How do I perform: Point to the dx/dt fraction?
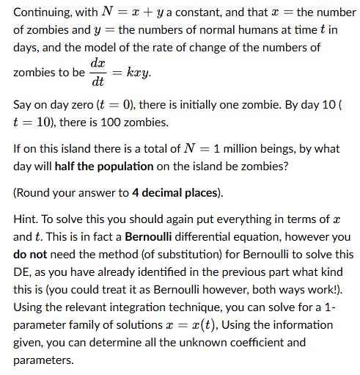click(97, 72)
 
